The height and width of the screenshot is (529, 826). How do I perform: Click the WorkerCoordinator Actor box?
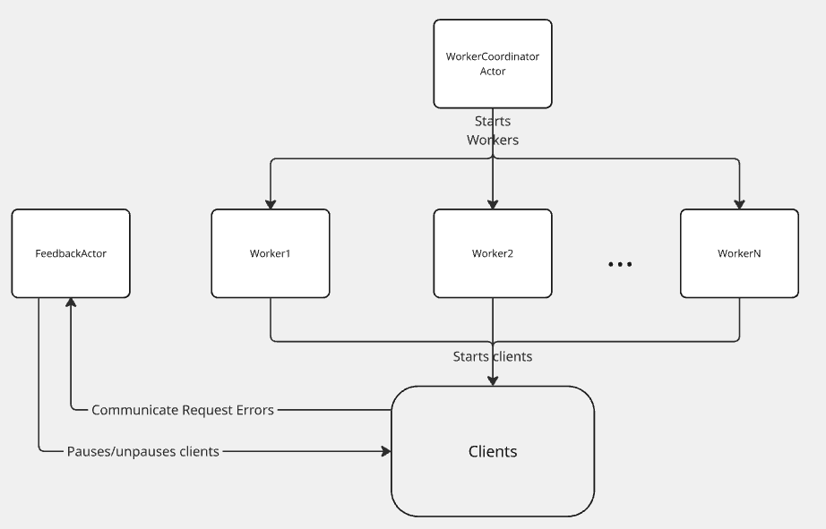493,64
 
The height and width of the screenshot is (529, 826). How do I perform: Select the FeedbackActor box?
71,253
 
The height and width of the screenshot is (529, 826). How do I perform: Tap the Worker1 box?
271,253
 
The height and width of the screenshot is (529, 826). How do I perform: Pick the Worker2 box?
493,253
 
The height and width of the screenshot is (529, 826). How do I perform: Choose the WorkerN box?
739,253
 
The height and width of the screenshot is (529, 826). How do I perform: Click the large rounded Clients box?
493,451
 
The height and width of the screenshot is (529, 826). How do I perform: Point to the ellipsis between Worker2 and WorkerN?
620,264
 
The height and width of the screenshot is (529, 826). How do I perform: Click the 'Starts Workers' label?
493,131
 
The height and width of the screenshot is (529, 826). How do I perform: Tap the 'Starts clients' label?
493,356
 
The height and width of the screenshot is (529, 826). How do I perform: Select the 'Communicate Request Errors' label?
183,410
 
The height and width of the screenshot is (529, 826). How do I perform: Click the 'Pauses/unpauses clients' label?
143,451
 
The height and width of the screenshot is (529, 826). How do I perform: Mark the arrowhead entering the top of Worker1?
271,203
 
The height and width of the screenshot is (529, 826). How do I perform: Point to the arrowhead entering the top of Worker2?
493,203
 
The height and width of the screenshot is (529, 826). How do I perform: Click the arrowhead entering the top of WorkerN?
739,203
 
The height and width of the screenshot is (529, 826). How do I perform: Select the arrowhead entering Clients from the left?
385,451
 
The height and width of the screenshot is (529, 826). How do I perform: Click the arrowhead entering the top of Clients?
493,380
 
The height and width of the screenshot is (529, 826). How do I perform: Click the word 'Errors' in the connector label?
253,410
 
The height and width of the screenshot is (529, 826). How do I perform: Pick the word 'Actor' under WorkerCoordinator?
493,71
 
